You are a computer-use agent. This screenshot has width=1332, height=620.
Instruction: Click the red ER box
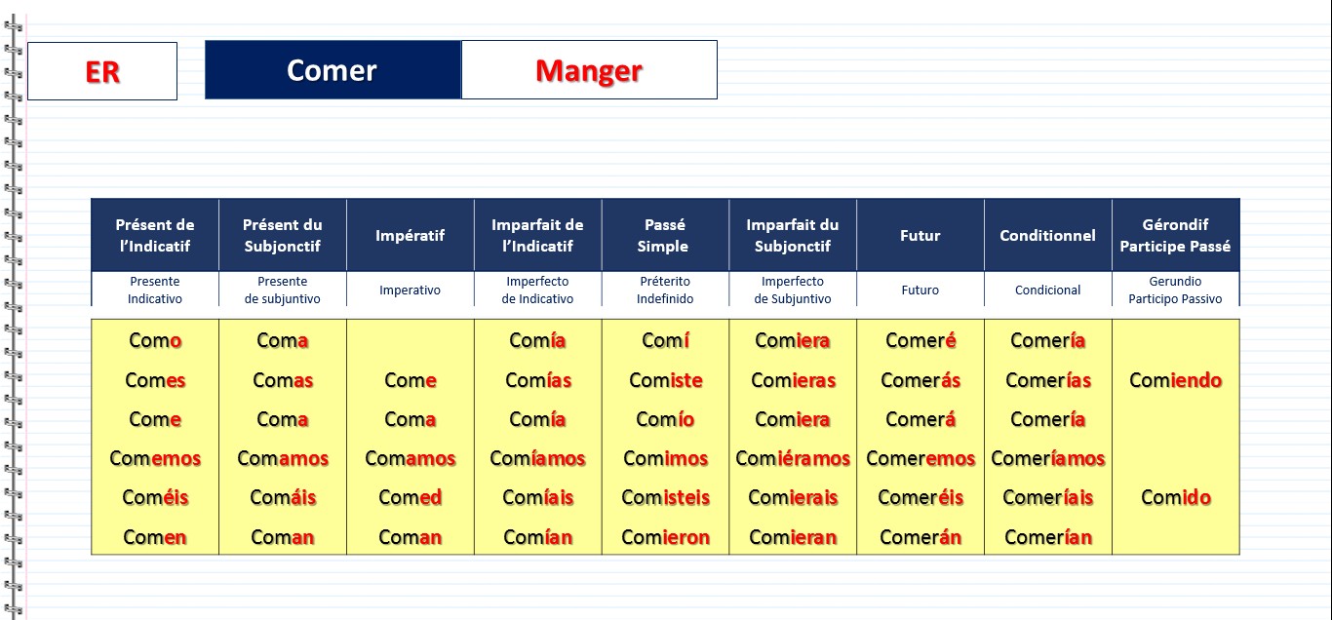pos(102,71)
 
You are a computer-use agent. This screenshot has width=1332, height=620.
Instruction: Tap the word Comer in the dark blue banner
pos(332,70)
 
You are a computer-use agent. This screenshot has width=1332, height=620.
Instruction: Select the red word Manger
pos(589,71)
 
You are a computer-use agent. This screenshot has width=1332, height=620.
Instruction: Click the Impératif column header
pos(410,235)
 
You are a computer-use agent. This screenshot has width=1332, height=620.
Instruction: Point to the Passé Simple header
pos(664,235)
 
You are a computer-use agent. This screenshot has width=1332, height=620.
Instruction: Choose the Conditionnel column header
pos(1047,235)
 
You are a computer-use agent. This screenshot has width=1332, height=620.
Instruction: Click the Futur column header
pos(920,235)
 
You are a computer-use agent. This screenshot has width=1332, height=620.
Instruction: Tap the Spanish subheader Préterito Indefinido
pos(665,291)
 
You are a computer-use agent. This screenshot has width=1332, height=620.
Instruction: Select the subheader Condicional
pos(1047,291)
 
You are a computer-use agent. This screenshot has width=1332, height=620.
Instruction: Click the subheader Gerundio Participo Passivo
pos(1175,291)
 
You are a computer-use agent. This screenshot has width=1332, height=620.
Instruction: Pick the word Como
pos(155,340)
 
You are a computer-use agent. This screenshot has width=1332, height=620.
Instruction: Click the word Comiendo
pos(1175,380)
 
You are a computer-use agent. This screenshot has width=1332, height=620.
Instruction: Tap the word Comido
pos(1176,497)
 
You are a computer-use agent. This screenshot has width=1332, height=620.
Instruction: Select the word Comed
pos(410,497)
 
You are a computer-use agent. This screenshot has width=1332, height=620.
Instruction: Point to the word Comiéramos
pos(793,458)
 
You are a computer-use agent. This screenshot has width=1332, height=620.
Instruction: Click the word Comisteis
pos(665,497)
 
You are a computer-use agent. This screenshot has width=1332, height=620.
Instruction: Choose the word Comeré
pos(921,340)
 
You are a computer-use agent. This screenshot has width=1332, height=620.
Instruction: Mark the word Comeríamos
pos(1048,458)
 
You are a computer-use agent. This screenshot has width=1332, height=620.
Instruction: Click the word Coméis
pos(155,497)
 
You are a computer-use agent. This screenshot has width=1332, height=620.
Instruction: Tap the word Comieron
pos(665,537)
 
